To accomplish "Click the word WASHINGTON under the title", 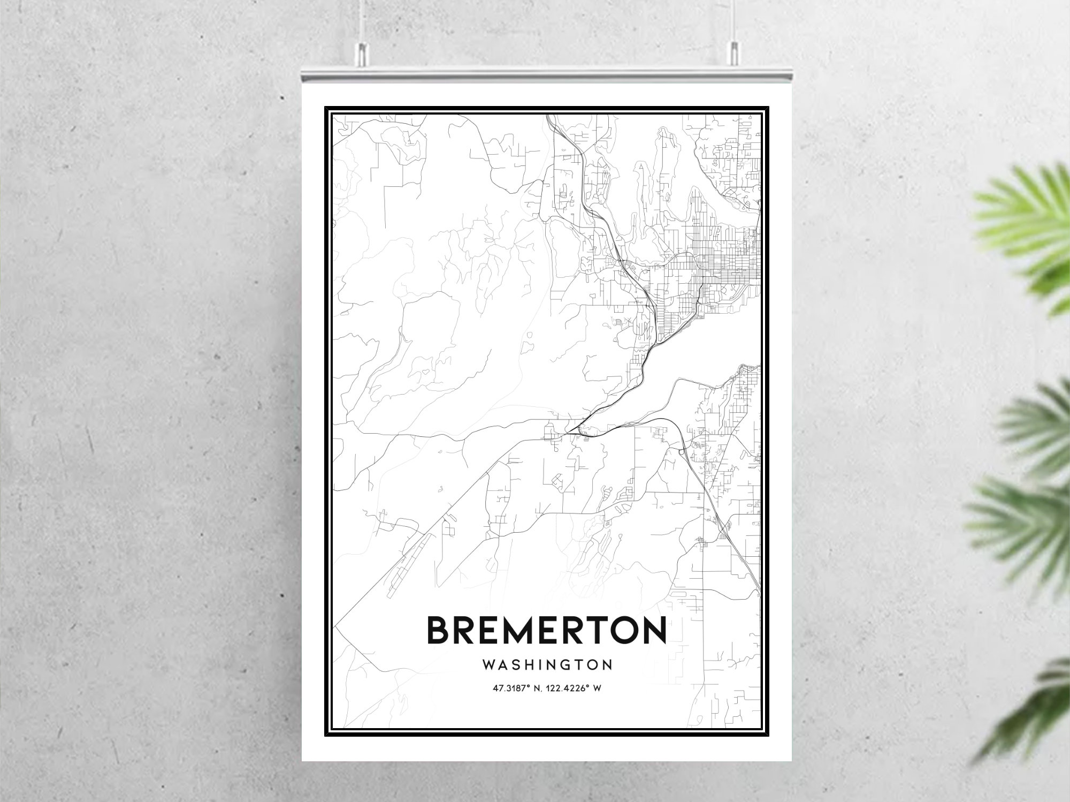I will point(547,665).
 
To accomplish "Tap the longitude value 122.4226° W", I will point(575,688).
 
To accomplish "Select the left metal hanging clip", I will point(362,51).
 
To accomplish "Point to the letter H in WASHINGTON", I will point(529,665).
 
